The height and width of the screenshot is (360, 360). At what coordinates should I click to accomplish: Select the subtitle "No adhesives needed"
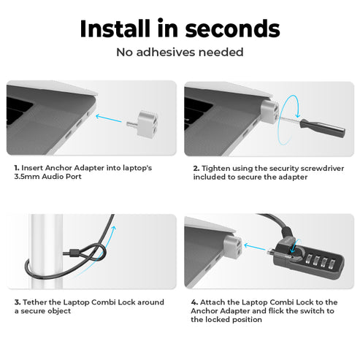[x=180, y=53]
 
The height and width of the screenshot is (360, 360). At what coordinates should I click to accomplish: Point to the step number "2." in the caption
[x=196, y=167]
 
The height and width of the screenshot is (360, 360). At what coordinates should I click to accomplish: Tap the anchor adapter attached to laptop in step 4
[x=233, y=247]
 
